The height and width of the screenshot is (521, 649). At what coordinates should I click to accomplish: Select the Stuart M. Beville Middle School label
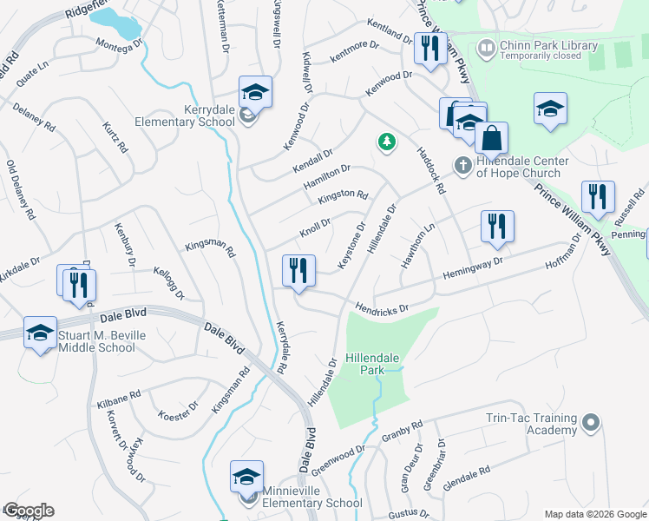click(x=96, y=341)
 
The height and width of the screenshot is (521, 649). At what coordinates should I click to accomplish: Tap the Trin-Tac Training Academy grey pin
click(x=591, y=424)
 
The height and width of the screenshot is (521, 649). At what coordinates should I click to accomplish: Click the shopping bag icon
click(x=491, y=138)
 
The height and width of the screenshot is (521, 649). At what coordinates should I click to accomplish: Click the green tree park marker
click(x=385, y=142)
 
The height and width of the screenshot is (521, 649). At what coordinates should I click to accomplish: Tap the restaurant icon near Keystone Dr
click(x=297, y=270)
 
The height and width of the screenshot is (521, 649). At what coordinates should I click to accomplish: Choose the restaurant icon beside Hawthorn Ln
click(x=497, y=227)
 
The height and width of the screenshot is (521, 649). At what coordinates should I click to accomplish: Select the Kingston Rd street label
click(x=343, y=197)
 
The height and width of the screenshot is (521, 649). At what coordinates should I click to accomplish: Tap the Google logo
click(x=29, y=511)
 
